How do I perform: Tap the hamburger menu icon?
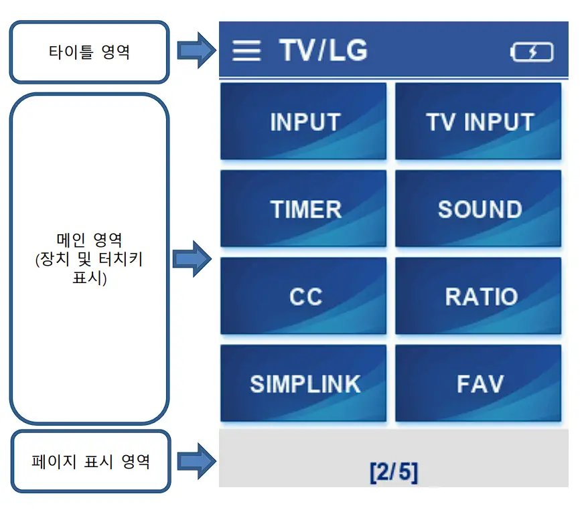246,51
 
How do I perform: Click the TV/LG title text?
323,51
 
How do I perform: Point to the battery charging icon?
532,52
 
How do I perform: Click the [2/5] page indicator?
393,472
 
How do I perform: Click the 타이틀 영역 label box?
89,52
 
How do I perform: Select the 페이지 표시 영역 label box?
90,461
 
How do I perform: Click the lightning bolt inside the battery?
532,52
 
